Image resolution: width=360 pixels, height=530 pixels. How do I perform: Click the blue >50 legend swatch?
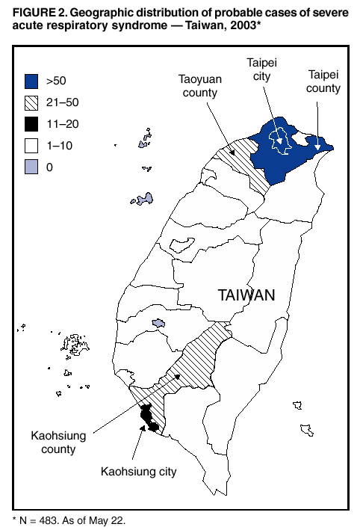pyautogui.click(x=31, y=81)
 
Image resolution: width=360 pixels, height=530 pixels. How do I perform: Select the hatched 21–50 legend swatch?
pyautogui.click(x=31, y=103)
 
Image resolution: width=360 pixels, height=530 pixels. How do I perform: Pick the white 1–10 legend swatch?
pyautogui.click(x=31, y=147)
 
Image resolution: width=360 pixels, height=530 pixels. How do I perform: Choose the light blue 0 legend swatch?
pyautogui.click(x=31, y=168)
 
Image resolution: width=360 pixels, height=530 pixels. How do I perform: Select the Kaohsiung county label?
pyautogui.click(x=54, y=442)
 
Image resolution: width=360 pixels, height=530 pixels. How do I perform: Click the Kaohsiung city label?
pyautogui.click(x=140, y=472)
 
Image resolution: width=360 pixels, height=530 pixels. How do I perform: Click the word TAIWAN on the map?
pyautogui.click(x=246, y=295)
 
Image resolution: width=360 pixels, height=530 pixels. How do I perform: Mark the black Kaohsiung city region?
pyautogui.click(x=148, y=419)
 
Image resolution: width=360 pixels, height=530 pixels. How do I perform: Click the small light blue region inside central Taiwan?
pyautogui.click(x=157, y=323)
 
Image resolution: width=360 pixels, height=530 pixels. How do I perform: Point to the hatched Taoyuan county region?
pyautogui.click(x=243, y=161)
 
